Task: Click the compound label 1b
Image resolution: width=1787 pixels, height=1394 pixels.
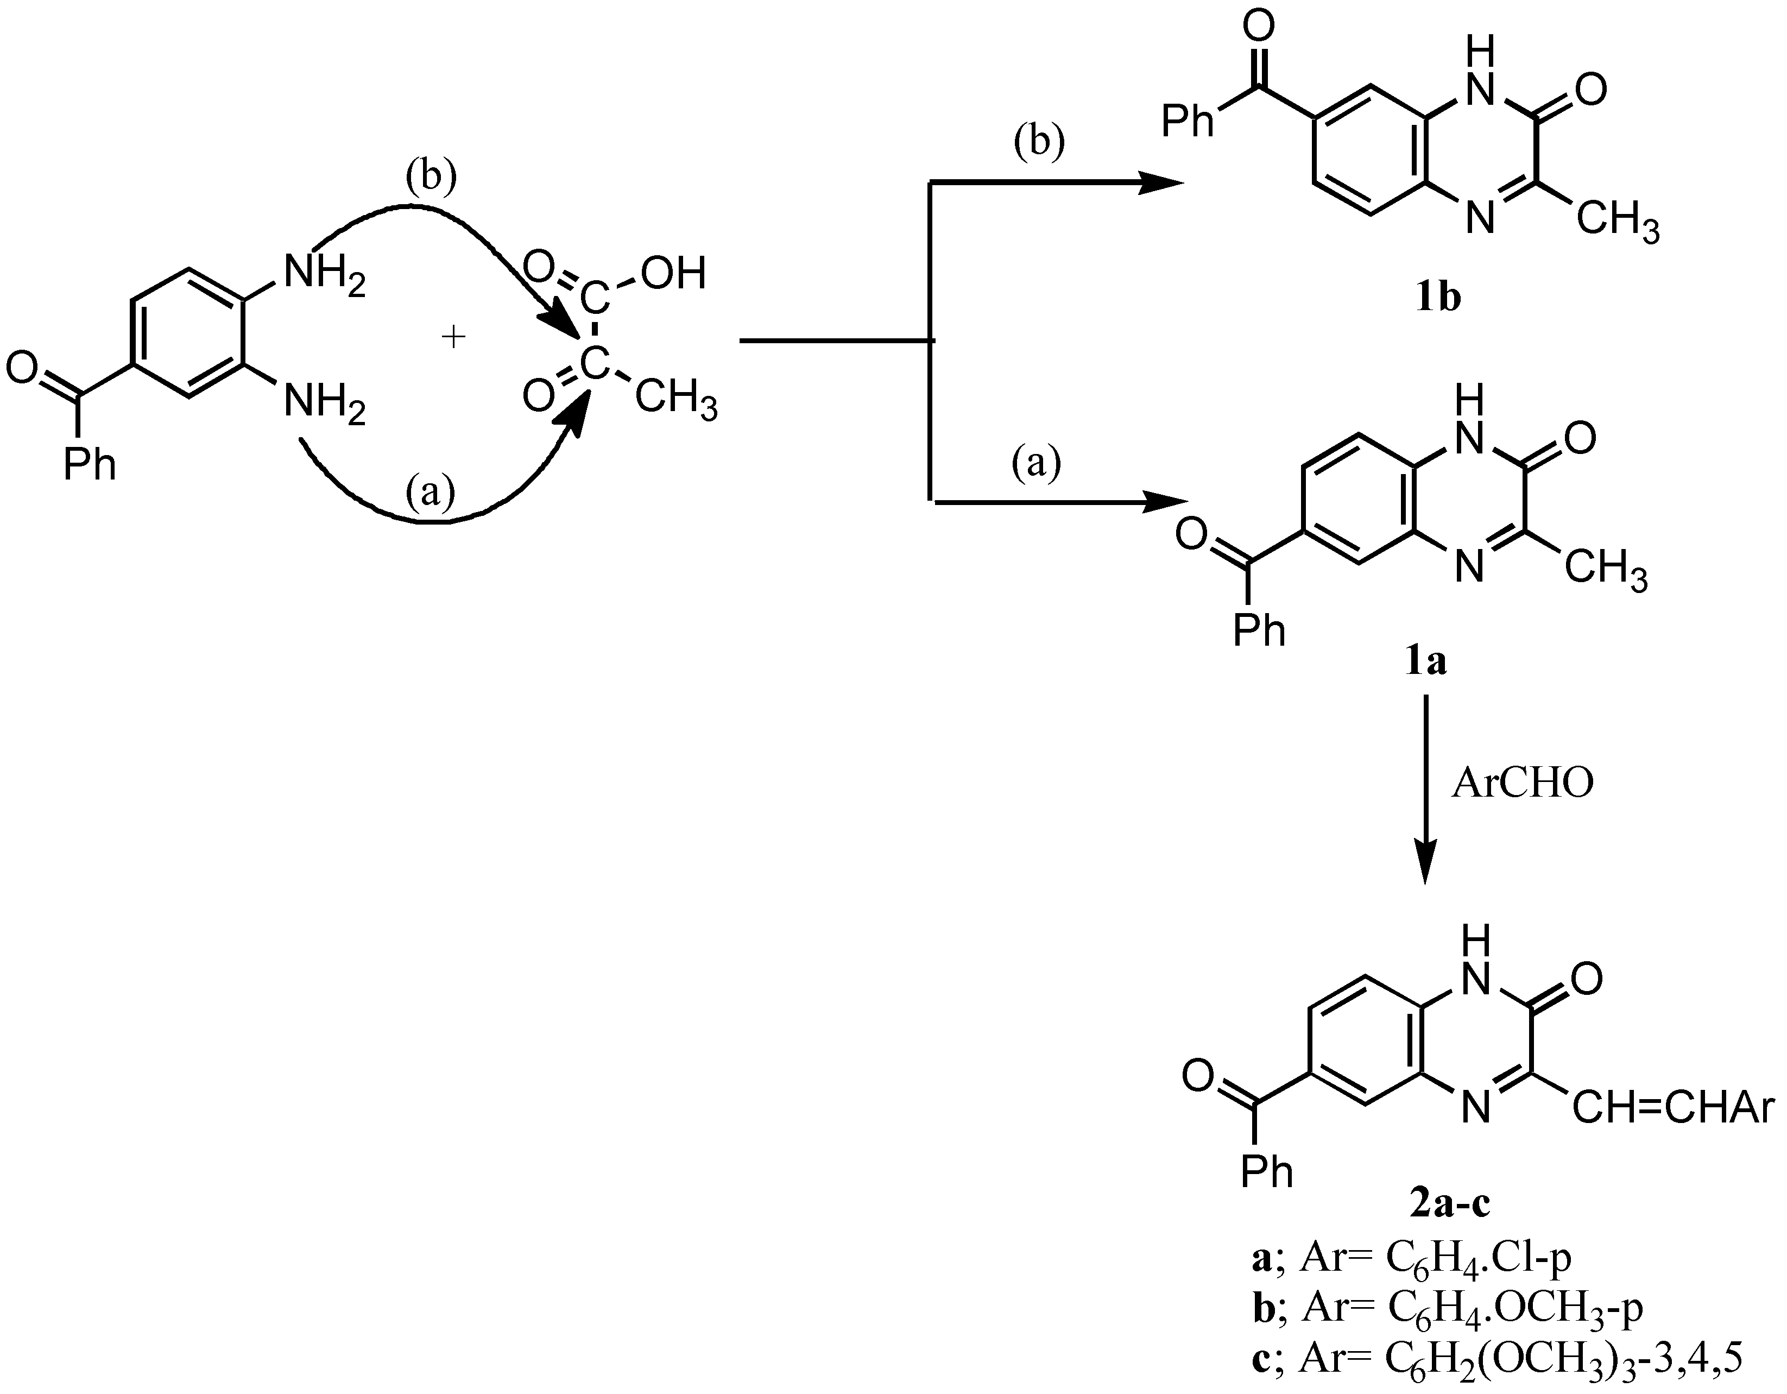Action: pos(1438,299)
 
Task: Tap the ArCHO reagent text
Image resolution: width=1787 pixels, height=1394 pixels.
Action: pos(1523,784)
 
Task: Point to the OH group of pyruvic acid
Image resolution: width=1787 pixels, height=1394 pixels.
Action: pos(673,273)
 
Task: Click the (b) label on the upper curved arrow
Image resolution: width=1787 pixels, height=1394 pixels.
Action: pos(431,178)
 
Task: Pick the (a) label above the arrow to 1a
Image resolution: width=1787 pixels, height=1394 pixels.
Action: pos(1036,464)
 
